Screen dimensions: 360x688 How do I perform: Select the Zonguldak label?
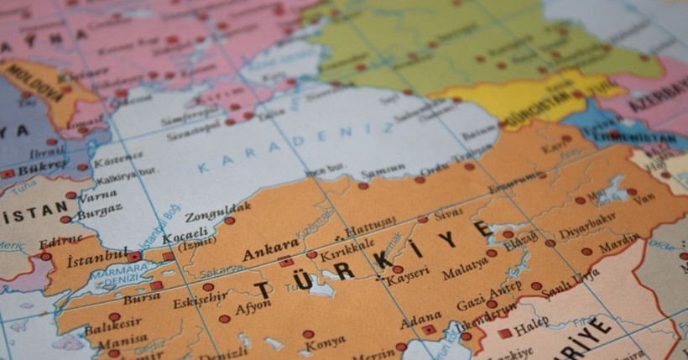pos(217,210)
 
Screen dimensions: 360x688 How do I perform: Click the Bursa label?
pos(141,297)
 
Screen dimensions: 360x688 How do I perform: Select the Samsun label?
pos(383,174)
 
